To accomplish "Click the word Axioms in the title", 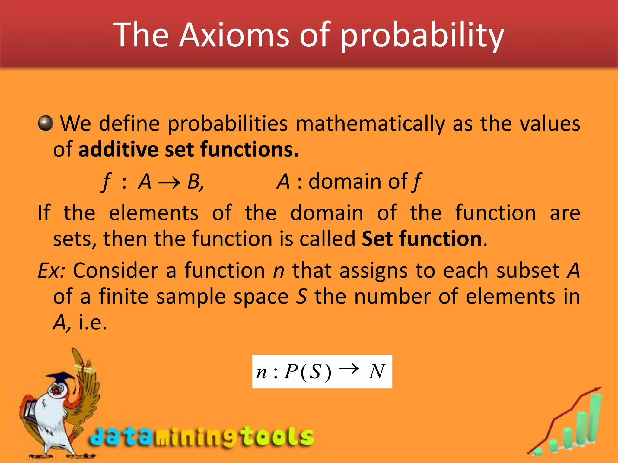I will click(234, 35).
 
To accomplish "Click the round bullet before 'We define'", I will click(46, 123).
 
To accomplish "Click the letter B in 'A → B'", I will click(194, 182).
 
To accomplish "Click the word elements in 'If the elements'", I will click(153, 213).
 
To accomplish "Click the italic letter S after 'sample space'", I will click(301, 297).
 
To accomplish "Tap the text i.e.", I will click(93, 323).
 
